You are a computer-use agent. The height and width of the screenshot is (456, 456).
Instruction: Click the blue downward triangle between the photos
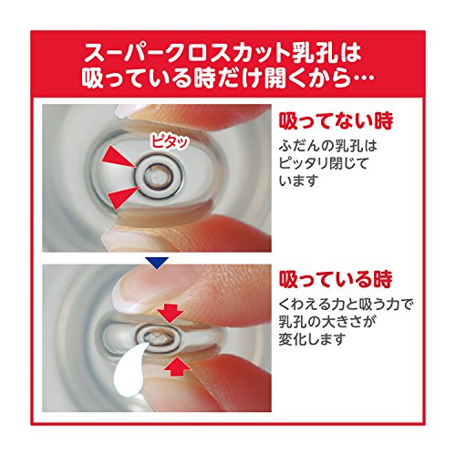(x=157, y=263)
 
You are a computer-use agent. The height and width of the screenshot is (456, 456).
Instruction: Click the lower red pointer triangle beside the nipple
(x=124, y=197)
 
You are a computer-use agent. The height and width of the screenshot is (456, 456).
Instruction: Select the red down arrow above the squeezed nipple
(x=171, y=314)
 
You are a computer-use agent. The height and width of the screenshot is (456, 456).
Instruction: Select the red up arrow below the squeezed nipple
(x=177, y=368)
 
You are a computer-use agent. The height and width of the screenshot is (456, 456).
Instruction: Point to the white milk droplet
(x=130, y=370)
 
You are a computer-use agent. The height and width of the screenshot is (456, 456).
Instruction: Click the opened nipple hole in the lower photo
(x=157, y=337)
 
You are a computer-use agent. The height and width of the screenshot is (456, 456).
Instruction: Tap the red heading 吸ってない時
(x=336, y=120)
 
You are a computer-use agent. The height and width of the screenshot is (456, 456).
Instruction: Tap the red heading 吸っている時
(x=336, y=279)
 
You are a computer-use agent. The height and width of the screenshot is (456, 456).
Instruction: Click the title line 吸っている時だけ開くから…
(x=227, y=78)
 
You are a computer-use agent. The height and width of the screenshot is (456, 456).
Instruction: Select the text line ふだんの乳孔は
(x=327, y=146)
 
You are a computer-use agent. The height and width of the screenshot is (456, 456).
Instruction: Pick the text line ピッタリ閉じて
(x=324, y=164)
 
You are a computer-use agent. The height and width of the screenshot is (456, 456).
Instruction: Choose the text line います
(x=298, y=181)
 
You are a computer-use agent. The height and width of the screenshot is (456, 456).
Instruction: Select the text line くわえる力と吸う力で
(x=346, y=305)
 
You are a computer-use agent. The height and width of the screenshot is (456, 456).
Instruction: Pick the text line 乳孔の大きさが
(x=326, y=322)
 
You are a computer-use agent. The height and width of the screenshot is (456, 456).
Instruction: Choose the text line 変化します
(x=313, y=339)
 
